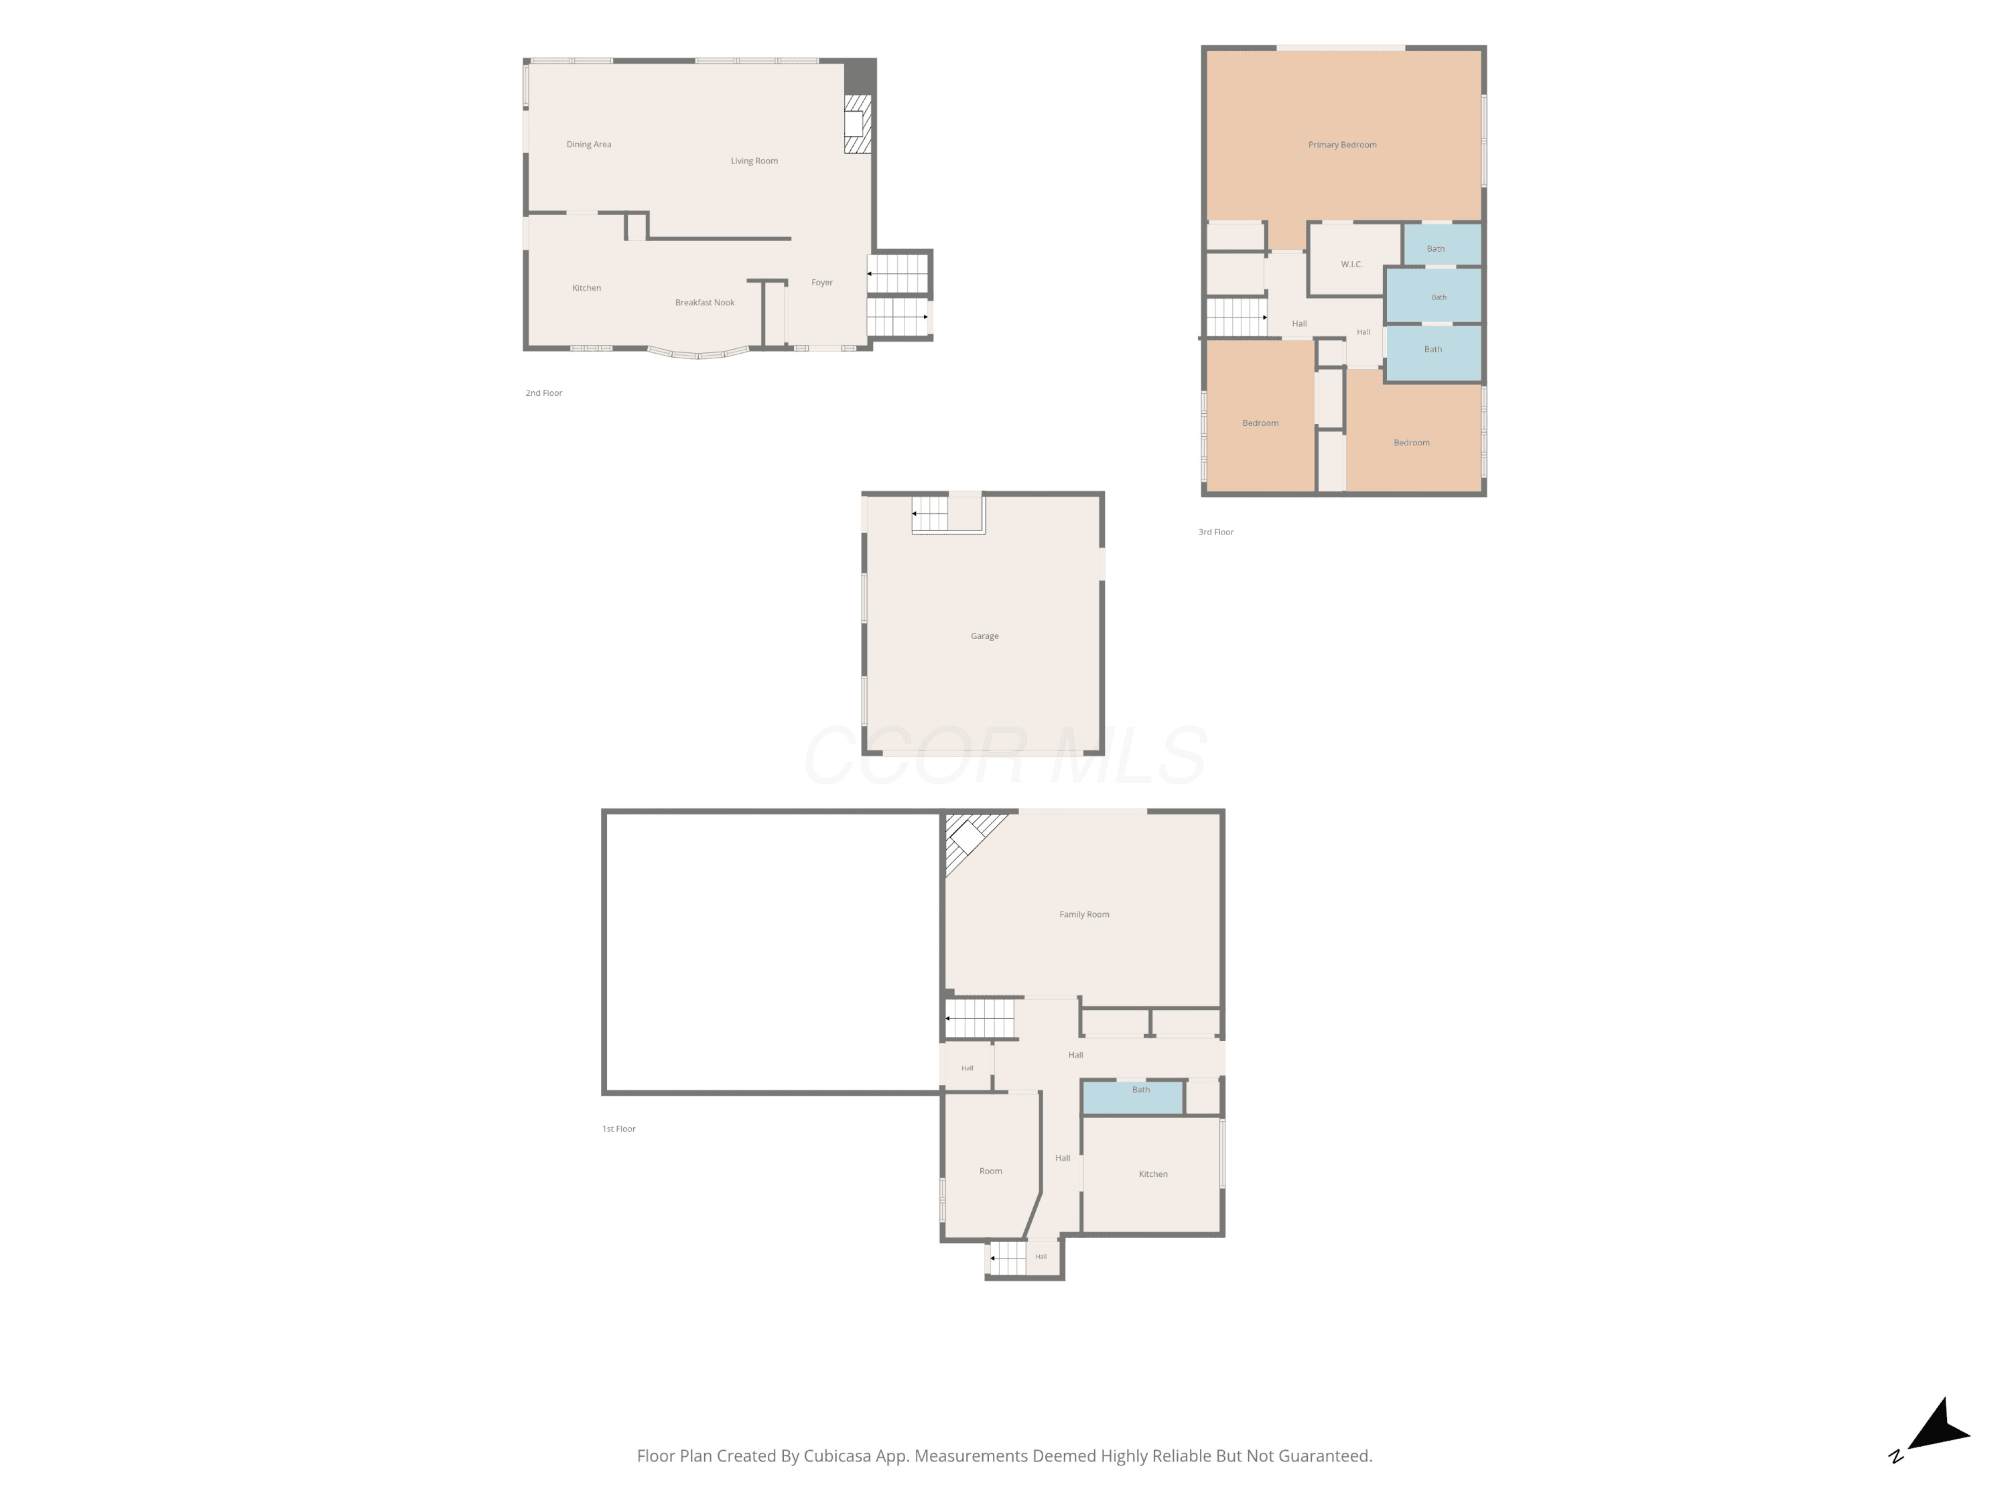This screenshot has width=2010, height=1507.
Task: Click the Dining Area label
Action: [589, 145]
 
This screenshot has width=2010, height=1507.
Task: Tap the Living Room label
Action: [754, 161]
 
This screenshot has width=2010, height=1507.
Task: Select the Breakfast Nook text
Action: [704, 303]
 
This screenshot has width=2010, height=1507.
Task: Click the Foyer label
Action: [822, 283]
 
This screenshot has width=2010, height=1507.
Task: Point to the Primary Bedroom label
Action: [1342, 145]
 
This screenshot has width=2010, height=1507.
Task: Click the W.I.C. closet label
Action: [1351, 265]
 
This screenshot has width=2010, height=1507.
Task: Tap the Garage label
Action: [984, 636]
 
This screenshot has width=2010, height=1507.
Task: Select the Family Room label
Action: [1084, 914]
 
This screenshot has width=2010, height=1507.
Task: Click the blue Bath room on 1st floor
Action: [1132, 1097]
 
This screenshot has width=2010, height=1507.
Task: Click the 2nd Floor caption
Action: [543, 393]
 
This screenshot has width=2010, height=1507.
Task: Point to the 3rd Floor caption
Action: [1216, 532]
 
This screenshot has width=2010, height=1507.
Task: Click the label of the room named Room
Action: [990, 1171]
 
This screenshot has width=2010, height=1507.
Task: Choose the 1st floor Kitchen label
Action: [1153, 1173]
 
